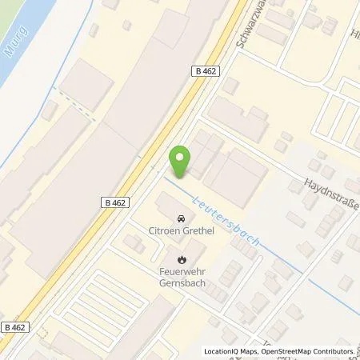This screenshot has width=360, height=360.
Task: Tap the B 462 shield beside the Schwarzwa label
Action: coord(206,70)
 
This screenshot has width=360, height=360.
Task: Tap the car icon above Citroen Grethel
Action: coord(181,218)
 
